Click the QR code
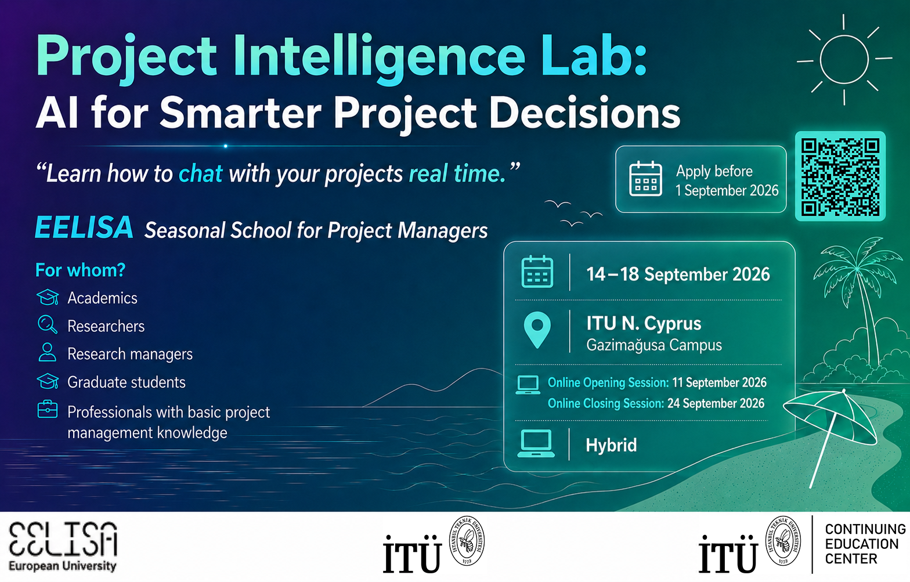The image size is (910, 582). point(840,176)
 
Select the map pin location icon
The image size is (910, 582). point(537,330)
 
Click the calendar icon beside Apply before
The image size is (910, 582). point(645,179)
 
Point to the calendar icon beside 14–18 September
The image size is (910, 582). point(537,272)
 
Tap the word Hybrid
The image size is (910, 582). point(611,445)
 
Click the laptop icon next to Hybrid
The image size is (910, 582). point(536,443)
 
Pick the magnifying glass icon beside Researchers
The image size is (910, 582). point(48,325)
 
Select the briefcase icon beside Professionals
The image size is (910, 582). point(48,410)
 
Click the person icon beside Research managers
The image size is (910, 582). point(47,352)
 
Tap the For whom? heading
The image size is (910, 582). point(81,270)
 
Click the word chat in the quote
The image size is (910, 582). point(201,173)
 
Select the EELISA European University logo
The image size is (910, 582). point(63,547)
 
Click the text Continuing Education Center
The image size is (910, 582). point(865,544)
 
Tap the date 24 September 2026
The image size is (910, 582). point(716,403)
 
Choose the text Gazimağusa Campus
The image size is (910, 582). point(654,345)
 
